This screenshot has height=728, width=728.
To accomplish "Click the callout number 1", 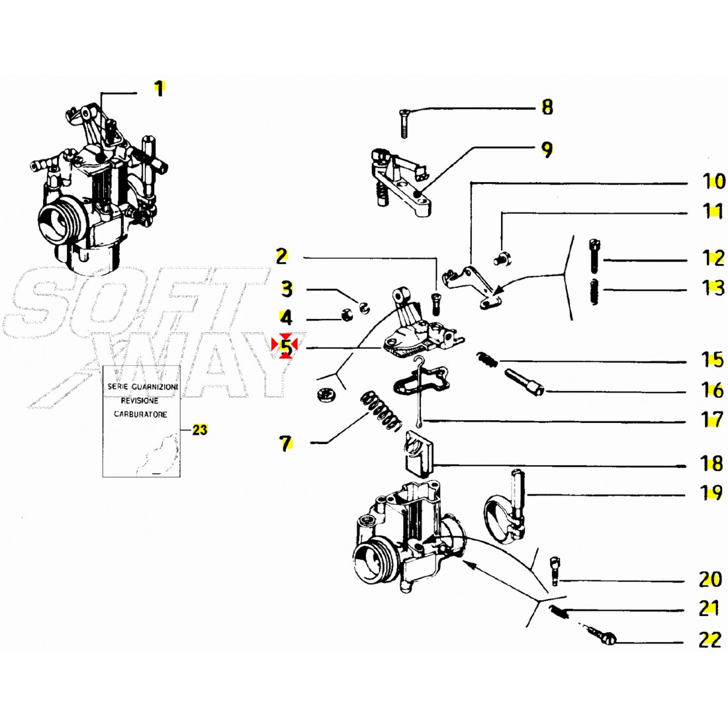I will click(x=159, y=88).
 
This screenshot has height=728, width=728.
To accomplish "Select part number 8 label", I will click(x=547, y=107).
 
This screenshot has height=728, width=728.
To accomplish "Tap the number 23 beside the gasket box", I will click(x=199, y=430).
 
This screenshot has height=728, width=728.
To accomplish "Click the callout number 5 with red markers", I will click(x=285, y=345).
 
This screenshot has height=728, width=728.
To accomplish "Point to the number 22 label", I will click(x=709, y=641).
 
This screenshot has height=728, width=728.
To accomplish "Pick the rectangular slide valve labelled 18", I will click(x=417, y=453).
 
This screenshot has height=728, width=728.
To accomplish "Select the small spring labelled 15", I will click(x=488, y=360).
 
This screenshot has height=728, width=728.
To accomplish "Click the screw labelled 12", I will click(x=594, y=255).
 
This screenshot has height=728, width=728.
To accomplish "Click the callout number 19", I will click(x=711, y=493).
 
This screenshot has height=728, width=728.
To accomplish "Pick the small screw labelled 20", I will click(x=554, y=570).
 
